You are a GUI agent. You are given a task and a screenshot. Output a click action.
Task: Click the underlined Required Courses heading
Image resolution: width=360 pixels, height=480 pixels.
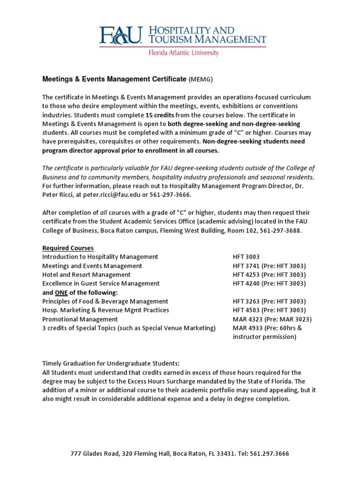coord(68,248)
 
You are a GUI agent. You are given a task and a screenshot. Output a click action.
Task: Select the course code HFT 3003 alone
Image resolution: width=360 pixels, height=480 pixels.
coord(246,257)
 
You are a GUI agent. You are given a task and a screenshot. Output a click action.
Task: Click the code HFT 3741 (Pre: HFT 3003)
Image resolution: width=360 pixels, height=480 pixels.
coord(269,266)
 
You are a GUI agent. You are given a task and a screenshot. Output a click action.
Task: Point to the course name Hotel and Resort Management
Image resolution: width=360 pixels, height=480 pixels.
coord(86,275)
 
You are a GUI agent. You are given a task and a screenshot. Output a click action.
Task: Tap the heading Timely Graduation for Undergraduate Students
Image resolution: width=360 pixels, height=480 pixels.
coord(111,364)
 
